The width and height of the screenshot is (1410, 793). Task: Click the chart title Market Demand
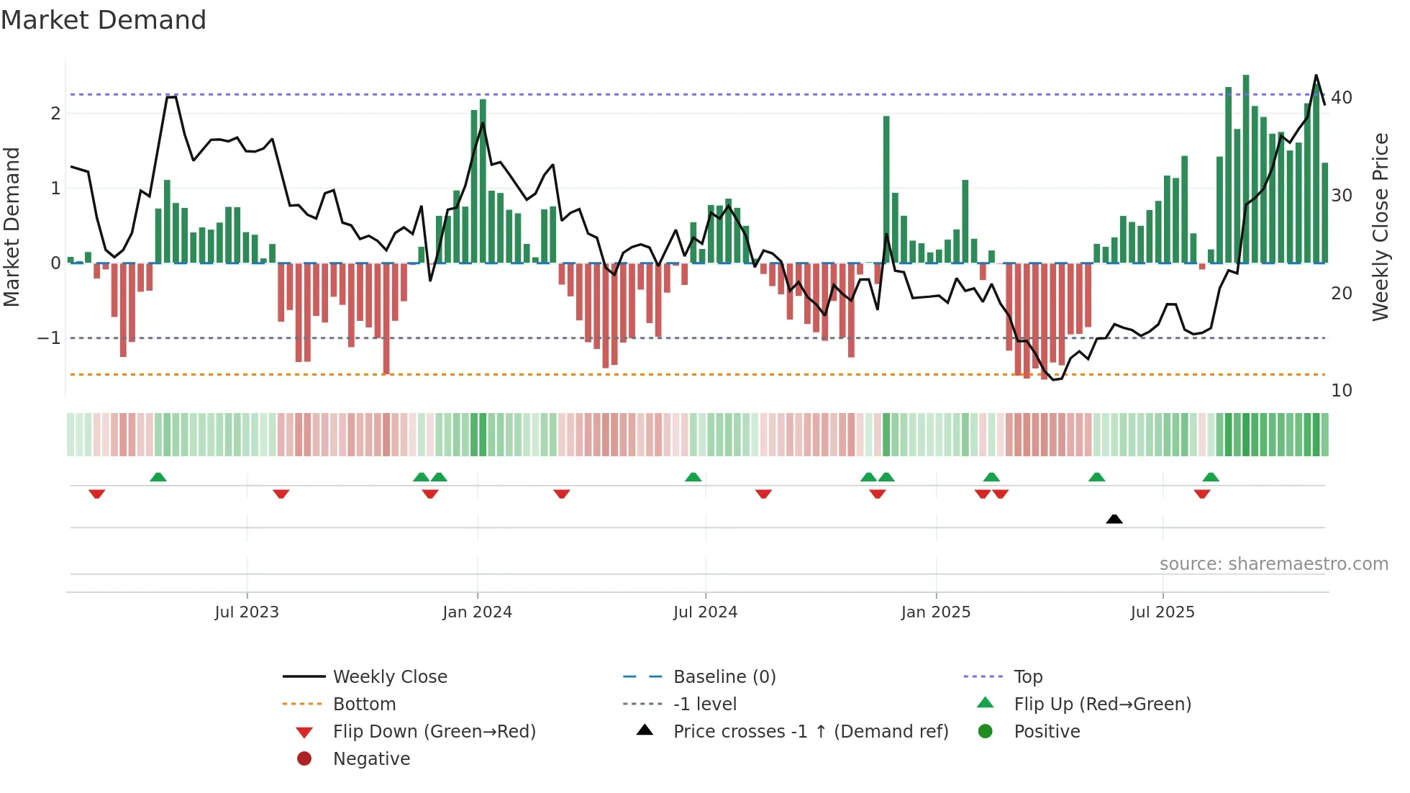tap(104, 20)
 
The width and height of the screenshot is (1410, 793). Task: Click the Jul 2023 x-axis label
tap(247, 612)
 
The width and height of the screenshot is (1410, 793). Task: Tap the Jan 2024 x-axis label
tap(477, 612)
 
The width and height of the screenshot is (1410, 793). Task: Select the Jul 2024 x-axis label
tap(705, 612)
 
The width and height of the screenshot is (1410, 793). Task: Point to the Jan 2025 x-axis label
tap(935, 612)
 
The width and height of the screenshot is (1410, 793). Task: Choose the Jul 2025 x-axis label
tap(1162, 612)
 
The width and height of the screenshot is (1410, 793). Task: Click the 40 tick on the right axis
tap(1341, 97)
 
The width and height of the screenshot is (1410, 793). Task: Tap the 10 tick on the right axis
tap(1341, 391)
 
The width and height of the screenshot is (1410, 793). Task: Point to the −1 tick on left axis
tap(49, 337)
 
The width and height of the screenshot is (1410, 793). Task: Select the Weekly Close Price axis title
tap(1380, 227)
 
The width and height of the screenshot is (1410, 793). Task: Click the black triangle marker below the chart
tap(1114, 519)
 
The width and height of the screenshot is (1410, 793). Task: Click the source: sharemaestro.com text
tap(1273, 563)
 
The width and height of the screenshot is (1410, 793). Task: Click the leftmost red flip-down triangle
tap(97, 494)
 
